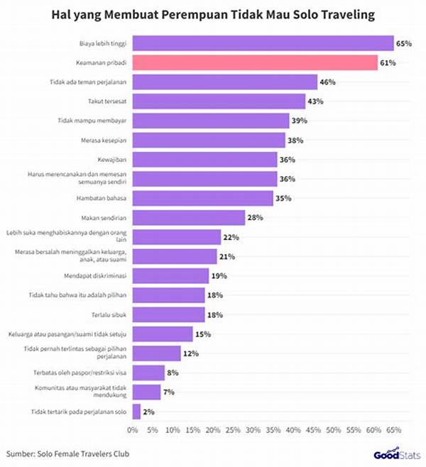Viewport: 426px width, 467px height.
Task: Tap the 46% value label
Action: coord(328,82)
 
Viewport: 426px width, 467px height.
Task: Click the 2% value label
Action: coord(148,411)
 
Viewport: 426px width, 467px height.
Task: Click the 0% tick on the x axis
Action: coord(133,430)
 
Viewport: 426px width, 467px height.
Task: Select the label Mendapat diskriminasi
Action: coord(98,275)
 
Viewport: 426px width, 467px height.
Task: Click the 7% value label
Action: coord(169,392)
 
